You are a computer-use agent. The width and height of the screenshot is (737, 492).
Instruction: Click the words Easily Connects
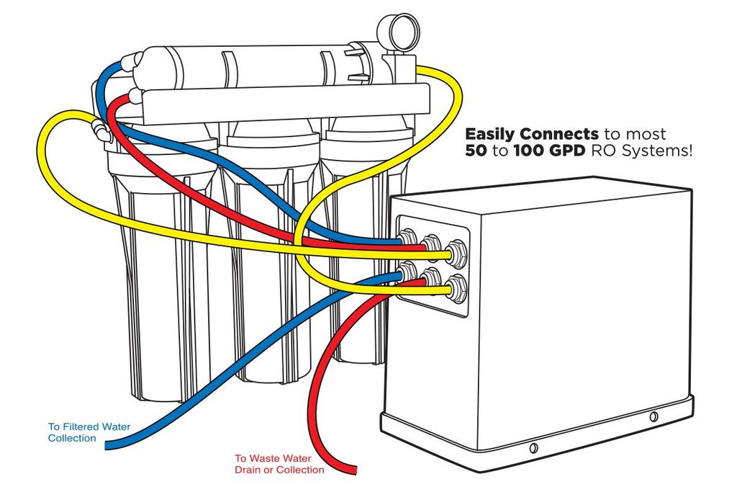click(531, 134)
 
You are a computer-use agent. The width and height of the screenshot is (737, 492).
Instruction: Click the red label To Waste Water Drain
click(279, 464)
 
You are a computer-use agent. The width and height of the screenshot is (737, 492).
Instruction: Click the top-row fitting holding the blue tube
click(409, 240)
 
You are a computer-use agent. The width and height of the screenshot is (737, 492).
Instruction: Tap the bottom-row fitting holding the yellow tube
click(456, 288)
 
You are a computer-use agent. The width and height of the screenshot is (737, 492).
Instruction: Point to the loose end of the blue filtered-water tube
click(109, 446)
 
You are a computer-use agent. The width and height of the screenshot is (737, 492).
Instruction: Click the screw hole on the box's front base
click(533, 448)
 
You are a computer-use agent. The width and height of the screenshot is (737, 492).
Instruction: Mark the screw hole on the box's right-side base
click(653, 417)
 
